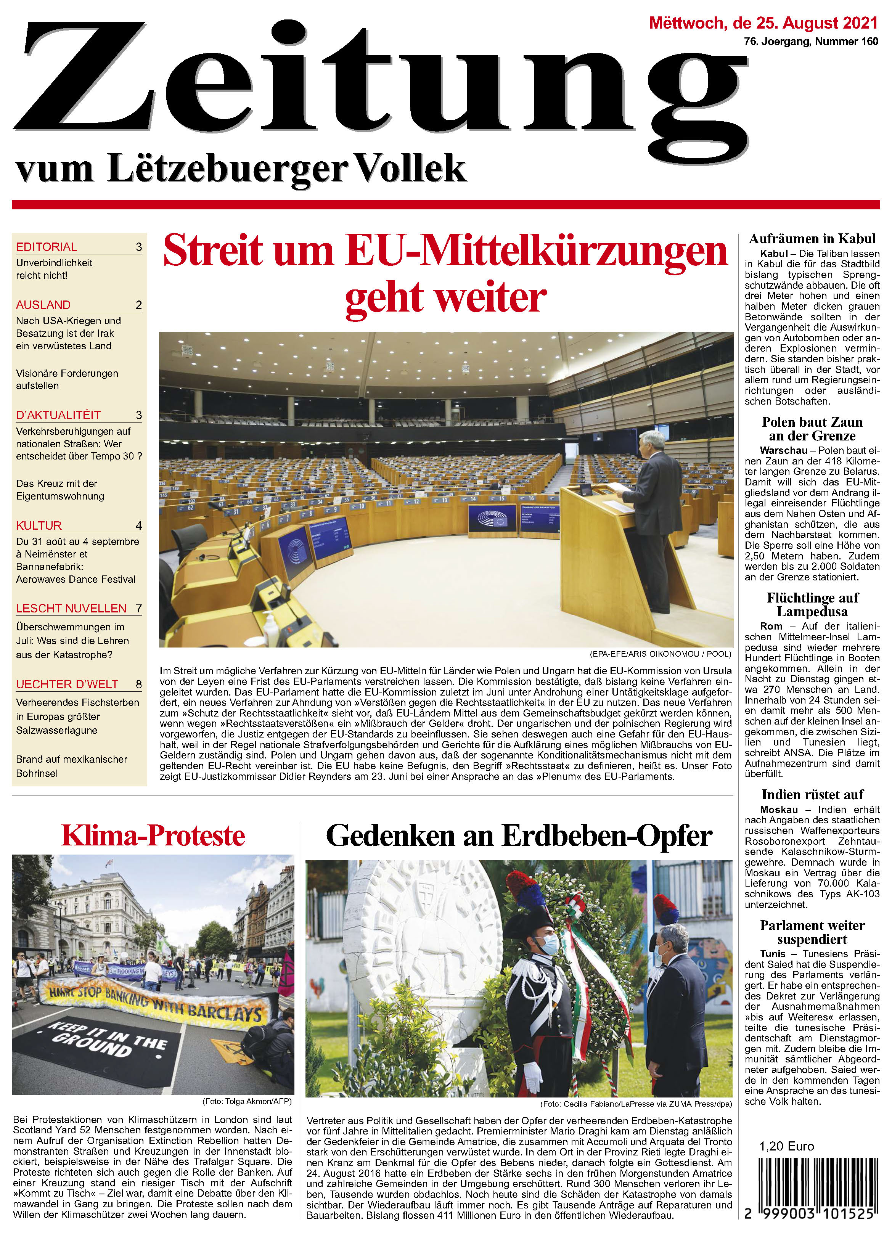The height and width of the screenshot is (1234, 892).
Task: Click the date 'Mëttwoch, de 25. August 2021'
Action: (x=763, y=23)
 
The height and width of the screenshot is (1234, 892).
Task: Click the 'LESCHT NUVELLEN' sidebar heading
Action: (x=71, y=608)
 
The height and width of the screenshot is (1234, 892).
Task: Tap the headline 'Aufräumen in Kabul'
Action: (x=812, y=239)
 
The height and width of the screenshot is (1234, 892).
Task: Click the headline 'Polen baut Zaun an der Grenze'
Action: (x=812, y=429)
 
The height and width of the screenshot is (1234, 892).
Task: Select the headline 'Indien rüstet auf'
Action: (x=812, y=794)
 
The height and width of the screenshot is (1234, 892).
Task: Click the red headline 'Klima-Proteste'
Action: (x=153, y=836)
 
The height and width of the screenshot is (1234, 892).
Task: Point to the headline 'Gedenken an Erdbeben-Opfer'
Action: (x=519, y=836)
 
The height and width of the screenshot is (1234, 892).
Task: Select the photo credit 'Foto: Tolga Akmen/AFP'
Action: (x=247, y=1102)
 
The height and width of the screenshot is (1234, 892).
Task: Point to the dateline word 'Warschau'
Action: (x=783, y=450)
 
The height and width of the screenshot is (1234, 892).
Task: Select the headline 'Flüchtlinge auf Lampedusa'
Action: (x=812, y=604)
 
